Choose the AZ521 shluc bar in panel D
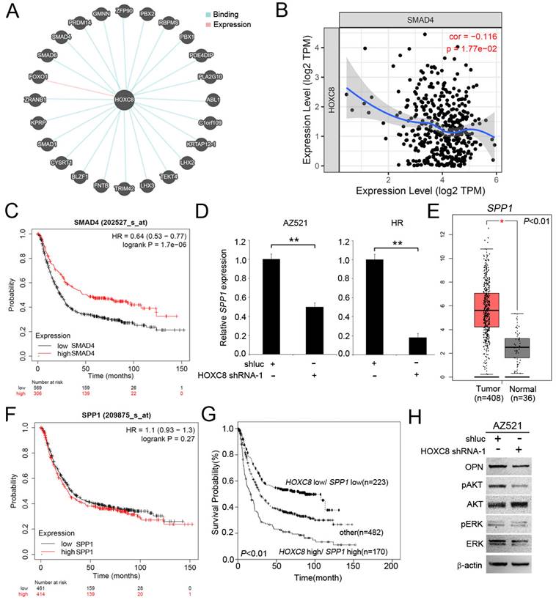(x=272, y=300)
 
